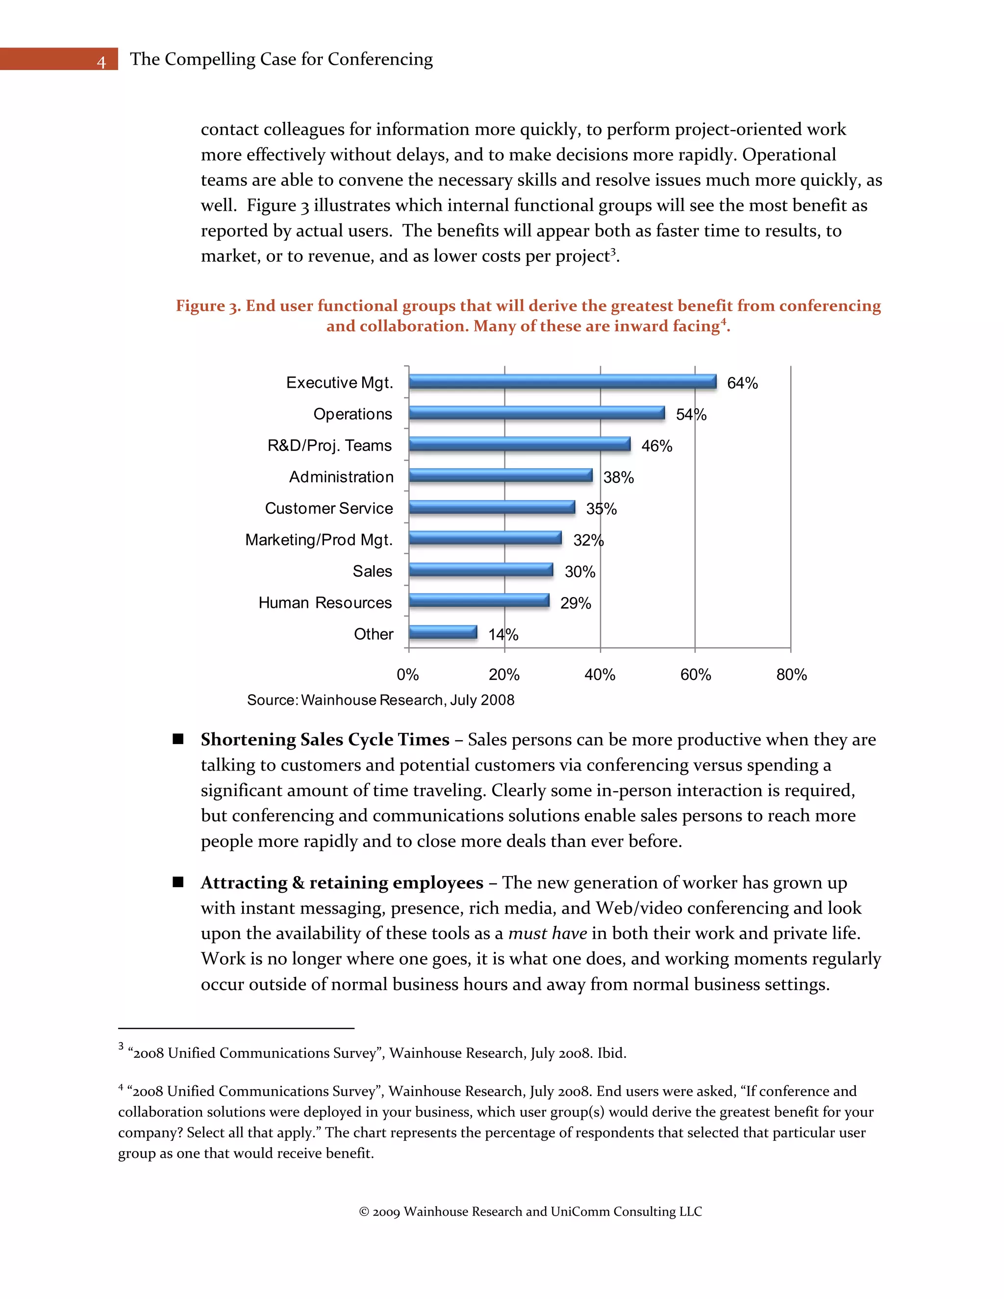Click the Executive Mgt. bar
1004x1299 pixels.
click(x=562, y=382)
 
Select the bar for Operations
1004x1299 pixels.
click(x=536, y=413)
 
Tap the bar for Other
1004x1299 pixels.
click(x=443, y=632)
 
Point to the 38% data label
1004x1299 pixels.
click(x=619, y=477)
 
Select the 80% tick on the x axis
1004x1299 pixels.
click(x=791, y=674)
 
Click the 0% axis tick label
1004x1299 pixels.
click(x=408, y=674)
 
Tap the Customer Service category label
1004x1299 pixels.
click(x=329, y=508)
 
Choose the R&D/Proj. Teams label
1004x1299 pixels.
click(x=329, y=446)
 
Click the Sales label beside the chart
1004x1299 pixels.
click(x=373, y=572)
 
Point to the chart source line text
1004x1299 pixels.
click(x=380, y=700)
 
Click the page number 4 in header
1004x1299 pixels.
click(x=101, y=61)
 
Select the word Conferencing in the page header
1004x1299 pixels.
click(x=380, y=59)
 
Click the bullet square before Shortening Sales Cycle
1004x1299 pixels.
click(x=178, y=739)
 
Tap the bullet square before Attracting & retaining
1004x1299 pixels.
click(x=178, y=882)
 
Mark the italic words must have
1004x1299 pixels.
click(x=547, y=933)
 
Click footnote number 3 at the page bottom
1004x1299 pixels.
click(x=121, y=1046)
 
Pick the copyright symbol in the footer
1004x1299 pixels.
click(x=364, y=1212)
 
